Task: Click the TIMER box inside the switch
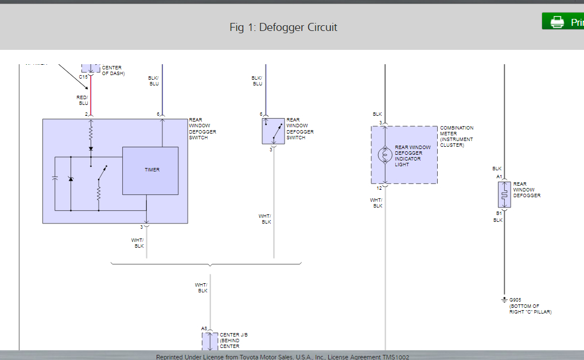coord(150,170)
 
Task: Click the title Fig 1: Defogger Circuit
coord(283,27)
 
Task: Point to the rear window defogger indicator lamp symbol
coord(386,155)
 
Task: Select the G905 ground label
coord(515,300)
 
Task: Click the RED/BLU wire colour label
coord(83,100)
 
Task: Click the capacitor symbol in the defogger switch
coord(55,179)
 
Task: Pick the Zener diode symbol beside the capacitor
coord(71,179)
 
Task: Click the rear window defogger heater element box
coord(504,194)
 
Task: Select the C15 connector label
coord(83,77)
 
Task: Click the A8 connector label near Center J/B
coord(204,328)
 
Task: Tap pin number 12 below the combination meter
coord(379,188)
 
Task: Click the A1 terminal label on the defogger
coord(499,177)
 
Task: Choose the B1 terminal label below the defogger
coord(499,213)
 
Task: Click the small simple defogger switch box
coord(273,132)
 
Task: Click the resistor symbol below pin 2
coord(91,134)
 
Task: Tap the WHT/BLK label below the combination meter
coord(376,203)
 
